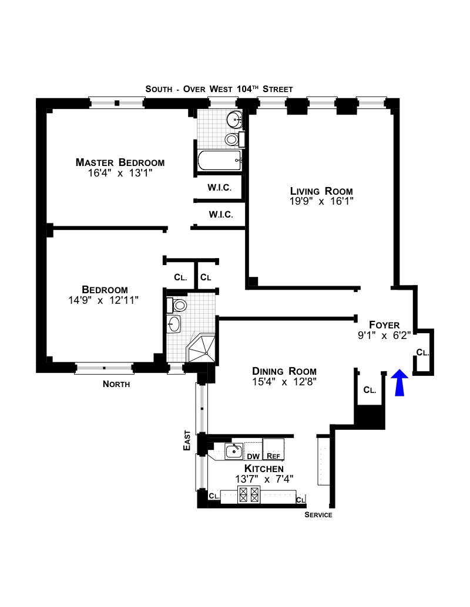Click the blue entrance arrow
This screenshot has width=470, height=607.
[399, 382]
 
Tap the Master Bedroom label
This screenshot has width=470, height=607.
[120, 162]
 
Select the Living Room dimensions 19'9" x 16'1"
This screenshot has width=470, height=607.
[321, 201]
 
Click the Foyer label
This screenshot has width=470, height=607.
[384, 325]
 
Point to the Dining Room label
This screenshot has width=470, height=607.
[284, 371]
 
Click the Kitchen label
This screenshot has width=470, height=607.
[264, 469]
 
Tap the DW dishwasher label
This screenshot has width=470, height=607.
[253, 456]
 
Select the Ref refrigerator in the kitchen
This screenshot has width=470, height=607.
[273, 449]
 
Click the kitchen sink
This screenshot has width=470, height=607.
[234, 452]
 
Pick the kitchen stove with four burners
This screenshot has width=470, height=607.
[249, 495]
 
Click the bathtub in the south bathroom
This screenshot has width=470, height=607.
[220, 160]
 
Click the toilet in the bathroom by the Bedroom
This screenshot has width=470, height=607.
[177, 306]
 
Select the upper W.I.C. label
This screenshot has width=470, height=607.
[220, 188]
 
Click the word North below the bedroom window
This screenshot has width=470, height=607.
[116, 384]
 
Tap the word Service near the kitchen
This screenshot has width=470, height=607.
[318, 515]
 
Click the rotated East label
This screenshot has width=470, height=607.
[187, 440]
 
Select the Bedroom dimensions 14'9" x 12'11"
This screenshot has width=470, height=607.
[103, 300]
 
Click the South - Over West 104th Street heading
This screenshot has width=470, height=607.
[219, 89]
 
